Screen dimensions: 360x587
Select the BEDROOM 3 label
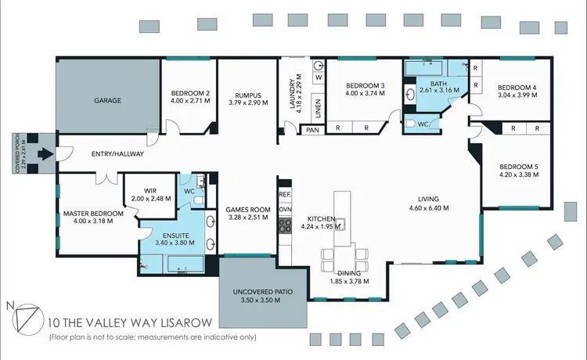click(x=366, y=85)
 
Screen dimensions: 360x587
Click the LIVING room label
click(x=428, y=199)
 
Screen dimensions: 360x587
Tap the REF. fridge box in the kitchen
click(x=285, y=193)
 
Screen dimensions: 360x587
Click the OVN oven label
click(x=285, y=209)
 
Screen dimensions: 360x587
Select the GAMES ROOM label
click(x=248, y=209)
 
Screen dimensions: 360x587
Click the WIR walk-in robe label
click(x=152, y=189)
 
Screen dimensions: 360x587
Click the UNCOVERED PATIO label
click(x=263, y=292)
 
